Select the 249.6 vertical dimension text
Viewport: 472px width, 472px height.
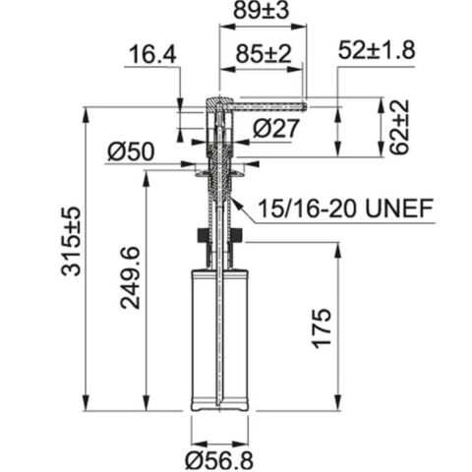(x=129, y=278)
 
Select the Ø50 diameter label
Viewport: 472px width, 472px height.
(x=130, y=152)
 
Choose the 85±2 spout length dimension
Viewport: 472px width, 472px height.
(x=257, y=57)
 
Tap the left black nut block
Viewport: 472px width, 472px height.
(x=202, y=236)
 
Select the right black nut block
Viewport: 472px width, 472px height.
(x=237, y=236)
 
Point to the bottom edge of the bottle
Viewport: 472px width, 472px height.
(x=219, y=407)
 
